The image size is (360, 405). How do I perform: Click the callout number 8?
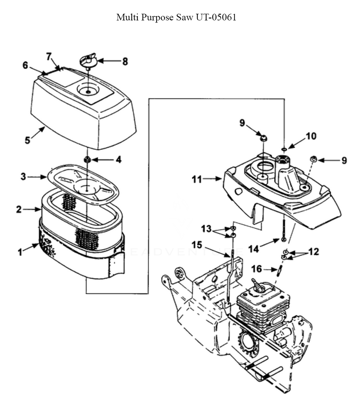pos(125,62)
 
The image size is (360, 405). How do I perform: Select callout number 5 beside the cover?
pos(27,139)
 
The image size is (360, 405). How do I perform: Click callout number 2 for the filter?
pos(19,209)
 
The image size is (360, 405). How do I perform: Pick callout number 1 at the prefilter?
pos(21,252)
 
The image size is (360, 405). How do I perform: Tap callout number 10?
pos(311,136)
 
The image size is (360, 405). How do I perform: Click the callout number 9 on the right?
pos(344,160)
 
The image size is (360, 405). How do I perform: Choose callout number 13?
pos(206,228)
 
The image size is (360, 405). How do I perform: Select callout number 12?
pos(314,252)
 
